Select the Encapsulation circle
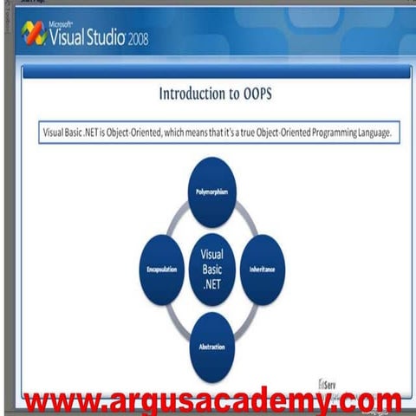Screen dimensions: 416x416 (x=162, y=269)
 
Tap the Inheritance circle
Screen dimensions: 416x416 (x=262, y=269)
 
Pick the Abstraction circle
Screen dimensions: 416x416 (x=211, y=348)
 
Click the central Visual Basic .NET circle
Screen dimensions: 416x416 (x=211, y=269)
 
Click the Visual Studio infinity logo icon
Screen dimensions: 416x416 (x=35, y=34)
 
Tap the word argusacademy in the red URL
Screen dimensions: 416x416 (x=212, y=402)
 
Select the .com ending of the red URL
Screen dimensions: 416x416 (x=363, y=402)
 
